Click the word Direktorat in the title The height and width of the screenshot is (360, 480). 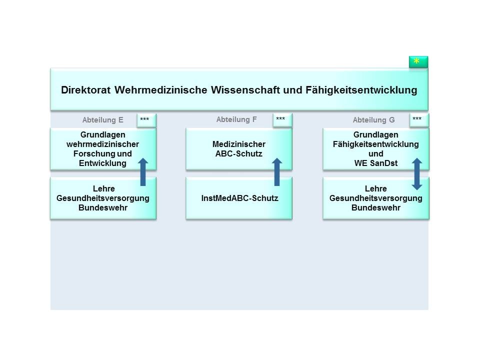tap(85, 90)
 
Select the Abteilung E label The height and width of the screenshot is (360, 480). tap(102, 120)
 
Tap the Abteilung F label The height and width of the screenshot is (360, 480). tap(236, 119)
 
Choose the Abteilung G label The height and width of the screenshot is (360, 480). tap(373, 120)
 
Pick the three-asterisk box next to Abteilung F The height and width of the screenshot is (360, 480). tap(282, 120)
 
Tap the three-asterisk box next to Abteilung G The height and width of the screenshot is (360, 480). tap(418, 120)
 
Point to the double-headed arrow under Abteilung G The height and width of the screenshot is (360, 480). tap(416, 173)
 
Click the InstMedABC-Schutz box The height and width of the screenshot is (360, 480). tap(239, 198)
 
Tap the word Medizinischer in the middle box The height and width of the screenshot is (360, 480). tap(239, 144)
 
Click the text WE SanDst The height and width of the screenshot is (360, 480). tap(376, 163)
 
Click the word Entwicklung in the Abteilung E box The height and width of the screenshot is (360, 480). tap(102, 163)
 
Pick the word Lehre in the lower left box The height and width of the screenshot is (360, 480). tap(103, 189)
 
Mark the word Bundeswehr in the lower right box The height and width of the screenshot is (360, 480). tap(376, 207)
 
